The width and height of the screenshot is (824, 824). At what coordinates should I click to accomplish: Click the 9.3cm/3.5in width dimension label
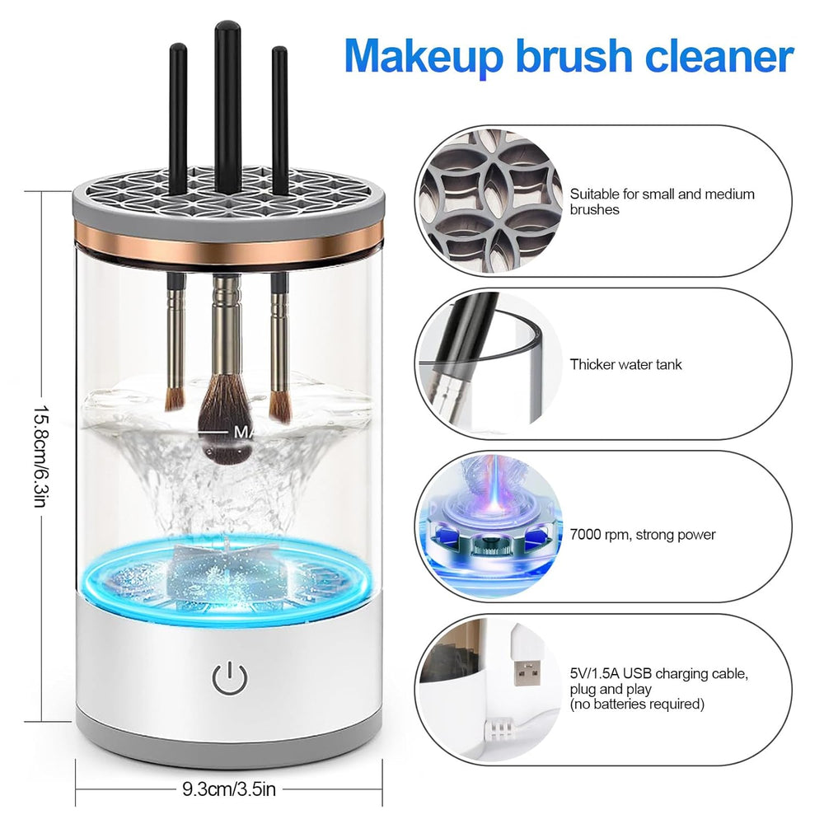tap(229, 789)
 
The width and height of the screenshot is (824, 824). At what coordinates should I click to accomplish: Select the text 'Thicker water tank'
tap(625, 364)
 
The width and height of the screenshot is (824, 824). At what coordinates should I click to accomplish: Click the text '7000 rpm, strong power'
tap(643, 535)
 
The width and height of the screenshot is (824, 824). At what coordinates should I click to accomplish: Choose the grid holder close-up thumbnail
tap(489, 201)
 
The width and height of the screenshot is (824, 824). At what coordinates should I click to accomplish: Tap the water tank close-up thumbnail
tap(489, 364)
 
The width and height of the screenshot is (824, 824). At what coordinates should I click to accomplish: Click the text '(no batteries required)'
tap(637, 705)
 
